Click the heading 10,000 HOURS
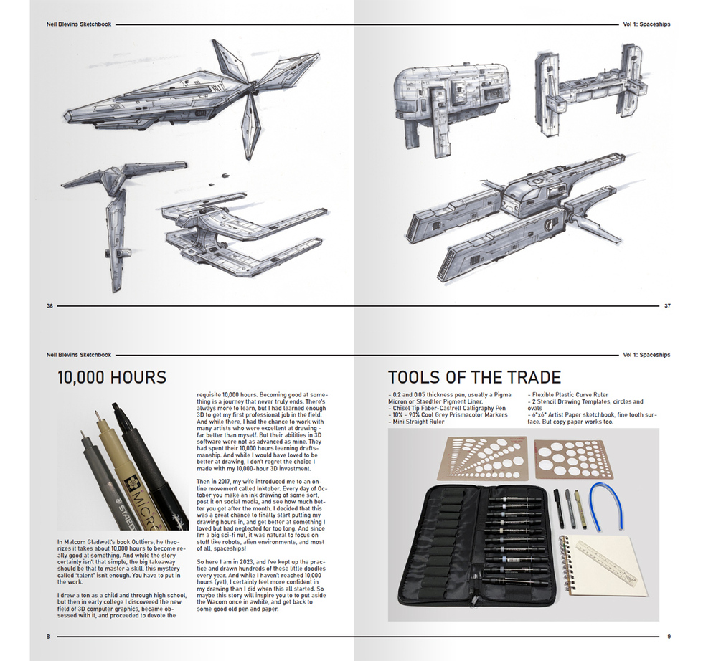pyautogui.click(x=112, y=377)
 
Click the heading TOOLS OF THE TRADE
pyautogui.click(x=474, y=377)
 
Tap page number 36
pyautogui.click(x=50, y=306)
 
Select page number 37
pyautogui.click(x=667, y=306)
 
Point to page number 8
pyautogui.click(x=48, y=636)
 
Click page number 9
pyautogui.click(x=669, y=636)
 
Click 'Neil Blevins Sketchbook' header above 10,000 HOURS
pyautogui.click(x=79, y=355)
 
